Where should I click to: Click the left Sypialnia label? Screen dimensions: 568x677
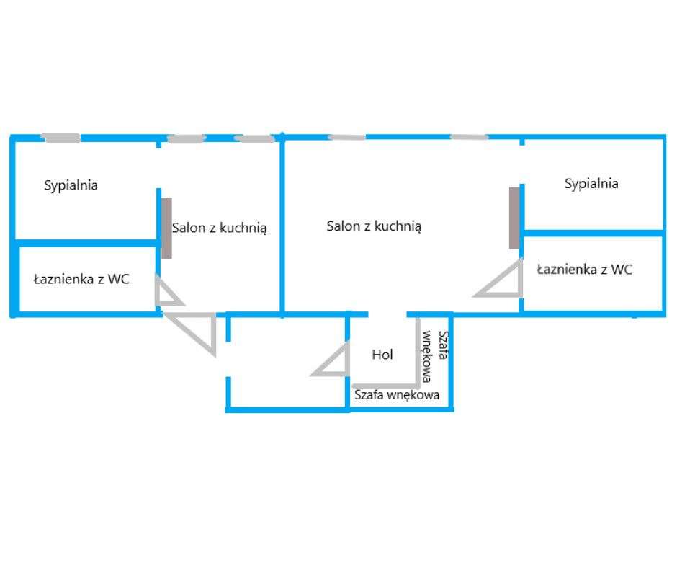coord(71,185)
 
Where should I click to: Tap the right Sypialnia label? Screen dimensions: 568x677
coord(591,184)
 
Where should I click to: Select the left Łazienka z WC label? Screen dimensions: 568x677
coord(81,279)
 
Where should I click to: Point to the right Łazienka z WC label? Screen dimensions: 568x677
coord(585,270)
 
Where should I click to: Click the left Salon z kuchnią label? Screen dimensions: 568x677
coord(219,228)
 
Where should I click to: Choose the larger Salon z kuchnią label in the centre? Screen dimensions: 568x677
coord(374,226)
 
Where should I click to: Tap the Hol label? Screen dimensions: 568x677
coord(382,355)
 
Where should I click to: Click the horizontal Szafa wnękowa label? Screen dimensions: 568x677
coord(396,395)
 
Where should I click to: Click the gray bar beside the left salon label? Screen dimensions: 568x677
coord(166,228)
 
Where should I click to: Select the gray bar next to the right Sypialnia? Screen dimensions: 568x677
coord(514,218)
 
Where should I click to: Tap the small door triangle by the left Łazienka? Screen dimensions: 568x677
coord(167,293)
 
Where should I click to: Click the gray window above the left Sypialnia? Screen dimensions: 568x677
coord(60,138)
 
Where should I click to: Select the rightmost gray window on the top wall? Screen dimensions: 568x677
coord(469,137)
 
